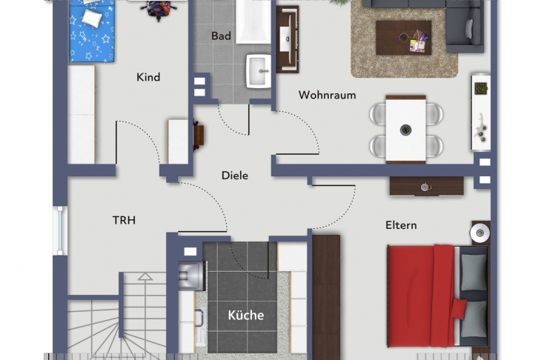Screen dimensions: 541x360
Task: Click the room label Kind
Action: pos(148,77)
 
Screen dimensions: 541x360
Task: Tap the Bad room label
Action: pos(221,36)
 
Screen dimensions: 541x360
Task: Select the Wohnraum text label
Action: pos(327,95)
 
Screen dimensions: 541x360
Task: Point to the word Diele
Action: pos(235,175)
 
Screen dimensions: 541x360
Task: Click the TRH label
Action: pos(124,220)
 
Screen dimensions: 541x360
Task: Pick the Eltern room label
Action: pos(401,225)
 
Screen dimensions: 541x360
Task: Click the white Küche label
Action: pos(245,315)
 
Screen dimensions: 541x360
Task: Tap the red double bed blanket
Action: pos(421,296)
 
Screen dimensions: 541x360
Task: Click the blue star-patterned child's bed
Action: pos(91,31)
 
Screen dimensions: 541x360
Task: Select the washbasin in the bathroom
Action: pos(259,70)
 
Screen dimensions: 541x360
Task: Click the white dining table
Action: pos(406,130)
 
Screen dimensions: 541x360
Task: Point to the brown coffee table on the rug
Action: pos(404,38)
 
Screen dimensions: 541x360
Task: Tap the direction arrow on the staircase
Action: pos(145,276)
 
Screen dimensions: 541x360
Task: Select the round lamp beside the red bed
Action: pos(480,233)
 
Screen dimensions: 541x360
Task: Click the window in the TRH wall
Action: pos(60,230)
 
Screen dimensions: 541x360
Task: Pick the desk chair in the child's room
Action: pos(159,10)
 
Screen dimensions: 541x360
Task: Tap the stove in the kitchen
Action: pos(192,275)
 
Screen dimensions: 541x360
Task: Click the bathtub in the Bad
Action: pos(253,21)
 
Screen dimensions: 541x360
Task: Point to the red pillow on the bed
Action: pos(458,308)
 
